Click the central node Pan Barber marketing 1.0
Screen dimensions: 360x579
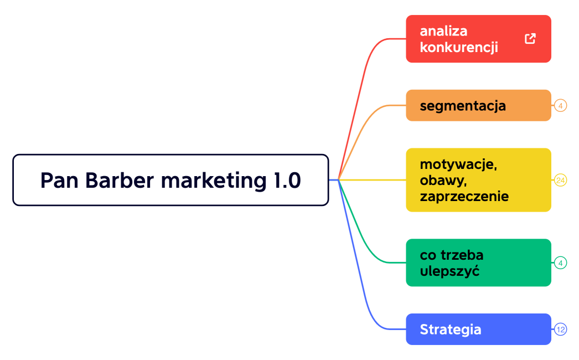click(170, 180)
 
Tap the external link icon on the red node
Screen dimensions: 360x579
click(530, 39)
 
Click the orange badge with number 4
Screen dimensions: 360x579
click(560, 105)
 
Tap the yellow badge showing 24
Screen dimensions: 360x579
click(560, 180)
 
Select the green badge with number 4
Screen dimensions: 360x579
click(560, 263)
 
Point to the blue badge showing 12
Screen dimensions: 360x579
click(560, 330)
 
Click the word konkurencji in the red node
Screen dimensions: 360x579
click(459, 48)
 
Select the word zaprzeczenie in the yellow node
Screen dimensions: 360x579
click(464, 197)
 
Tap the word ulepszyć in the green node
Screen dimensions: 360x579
click(449, 271)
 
